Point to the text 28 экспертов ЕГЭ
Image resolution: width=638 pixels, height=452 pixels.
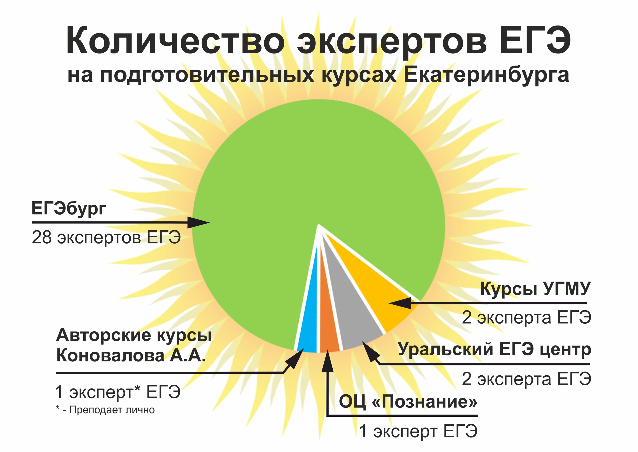(x=106, y=237)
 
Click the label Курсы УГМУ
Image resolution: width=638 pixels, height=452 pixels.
(x=535, y=289)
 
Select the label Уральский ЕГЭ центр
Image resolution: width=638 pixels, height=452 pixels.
(x=494, y=349)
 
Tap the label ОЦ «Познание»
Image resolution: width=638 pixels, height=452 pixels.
(x=408, y=402)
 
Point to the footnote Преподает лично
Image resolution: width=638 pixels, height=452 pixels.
(x=112, y=410)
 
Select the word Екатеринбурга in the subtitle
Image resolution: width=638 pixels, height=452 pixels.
(x=486, y=75)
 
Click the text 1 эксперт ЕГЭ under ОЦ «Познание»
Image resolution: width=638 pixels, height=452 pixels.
(x=418, y=431)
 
